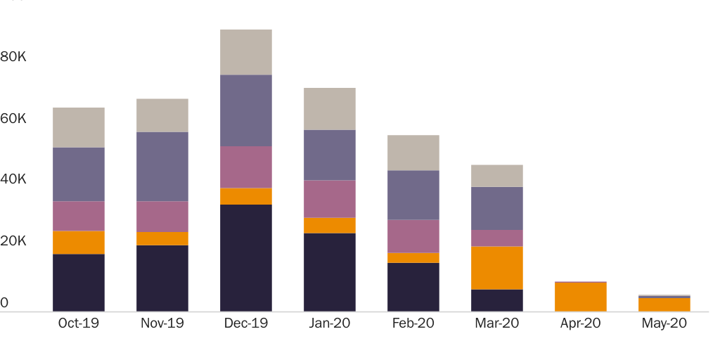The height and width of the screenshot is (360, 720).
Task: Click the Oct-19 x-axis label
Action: click(x=79, y=323)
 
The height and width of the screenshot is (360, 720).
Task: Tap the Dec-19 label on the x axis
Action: click(x=245, y=323)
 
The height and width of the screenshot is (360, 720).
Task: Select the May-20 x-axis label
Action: click(x=664, y=323)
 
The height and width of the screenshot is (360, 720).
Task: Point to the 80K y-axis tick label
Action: click(x=13, y=56)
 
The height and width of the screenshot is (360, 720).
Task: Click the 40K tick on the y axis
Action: click(x=13, y=180)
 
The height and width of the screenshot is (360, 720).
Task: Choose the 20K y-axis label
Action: click(x=13, y=241)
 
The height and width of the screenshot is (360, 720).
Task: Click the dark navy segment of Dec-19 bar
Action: click(x=245, y=257)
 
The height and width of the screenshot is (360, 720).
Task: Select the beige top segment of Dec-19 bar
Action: click(x=245, y=52)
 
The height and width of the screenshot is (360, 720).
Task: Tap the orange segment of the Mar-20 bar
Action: click(x=496, y=268)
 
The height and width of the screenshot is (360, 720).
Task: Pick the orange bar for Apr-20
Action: click(x=580, y=297)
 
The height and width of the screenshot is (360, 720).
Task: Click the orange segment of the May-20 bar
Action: click(x=664, y=304)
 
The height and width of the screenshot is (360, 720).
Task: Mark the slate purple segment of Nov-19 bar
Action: click(x=162, y=167)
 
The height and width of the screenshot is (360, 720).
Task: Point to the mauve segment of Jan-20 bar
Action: click(x=329, y=199)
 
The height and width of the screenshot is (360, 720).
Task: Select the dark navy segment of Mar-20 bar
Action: click(x=496, y=300)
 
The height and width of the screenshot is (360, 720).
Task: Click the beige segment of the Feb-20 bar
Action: click(x=413, y=153)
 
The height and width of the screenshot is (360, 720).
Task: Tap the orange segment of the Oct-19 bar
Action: click(x=79, y=243)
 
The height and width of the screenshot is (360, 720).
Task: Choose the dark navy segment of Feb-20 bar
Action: click(x=413, y=287)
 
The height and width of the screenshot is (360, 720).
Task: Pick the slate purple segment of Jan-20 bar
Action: click(x=329, y=155)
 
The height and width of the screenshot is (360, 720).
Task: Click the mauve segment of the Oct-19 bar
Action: click(x=79, y=216)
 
